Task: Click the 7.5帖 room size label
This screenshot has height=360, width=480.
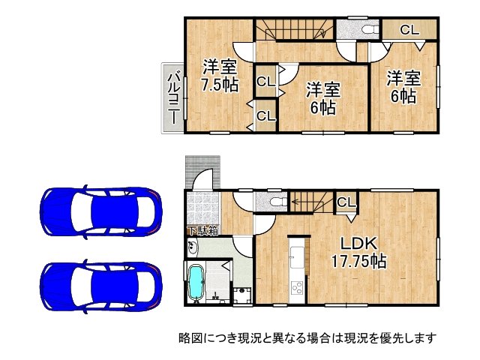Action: point(218,84)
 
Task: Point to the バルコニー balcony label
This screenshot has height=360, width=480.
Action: point(172,97)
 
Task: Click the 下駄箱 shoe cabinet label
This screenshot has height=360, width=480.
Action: point(202,230)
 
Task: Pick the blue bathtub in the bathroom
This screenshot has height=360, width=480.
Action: point(197,283)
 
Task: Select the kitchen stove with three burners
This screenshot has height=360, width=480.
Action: point(296,288)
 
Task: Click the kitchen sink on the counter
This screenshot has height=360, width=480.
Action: point(296,252)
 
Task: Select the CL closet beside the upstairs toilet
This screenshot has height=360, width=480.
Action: point(409,30)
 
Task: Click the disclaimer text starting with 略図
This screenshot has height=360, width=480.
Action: point(307,337)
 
